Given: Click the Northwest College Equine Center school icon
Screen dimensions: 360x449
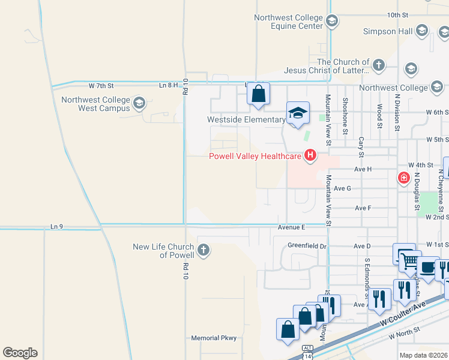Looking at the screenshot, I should tap(331, 22).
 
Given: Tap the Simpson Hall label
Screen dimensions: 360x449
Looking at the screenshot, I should tap(387, 31).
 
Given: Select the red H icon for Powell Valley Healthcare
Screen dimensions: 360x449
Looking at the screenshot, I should tap(310, 157).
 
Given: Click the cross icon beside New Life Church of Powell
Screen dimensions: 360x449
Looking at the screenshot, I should tap(203, 250).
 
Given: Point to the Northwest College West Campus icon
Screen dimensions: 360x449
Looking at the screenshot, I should tap(139, 103).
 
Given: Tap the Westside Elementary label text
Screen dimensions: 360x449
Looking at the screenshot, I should tap(246, 119).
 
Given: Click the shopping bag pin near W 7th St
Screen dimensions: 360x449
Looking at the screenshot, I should tap(258, 94).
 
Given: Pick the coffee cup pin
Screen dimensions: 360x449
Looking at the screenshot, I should tap(427, 268).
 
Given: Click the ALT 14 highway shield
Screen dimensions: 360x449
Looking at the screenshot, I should tap(307, 351).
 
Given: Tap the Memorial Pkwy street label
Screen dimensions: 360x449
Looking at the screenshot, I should tap(214, 338).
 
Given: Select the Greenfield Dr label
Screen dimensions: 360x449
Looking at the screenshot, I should tap(307, 245).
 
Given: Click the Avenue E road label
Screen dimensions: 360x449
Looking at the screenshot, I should tap(292, 227).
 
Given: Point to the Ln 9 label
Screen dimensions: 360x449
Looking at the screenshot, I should tap(58, 227).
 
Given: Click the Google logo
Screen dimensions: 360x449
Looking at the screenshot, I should tap(20, 353).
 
